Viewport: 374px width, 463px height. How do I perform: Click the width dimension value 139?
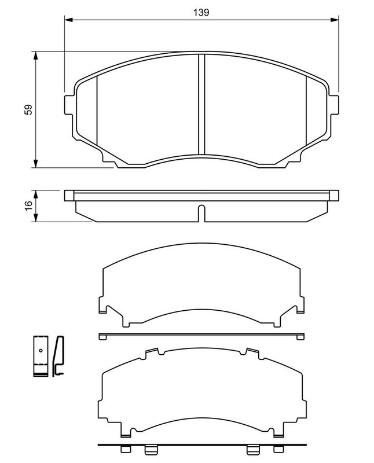pyautogui.click(x=201, y=12)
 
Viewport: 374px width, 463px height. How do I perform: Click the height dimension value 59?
pyautogui.click(x=28, y=110)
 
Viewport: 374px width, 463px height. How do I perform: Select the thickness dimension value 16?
pyautogui.click(x=28, y=205)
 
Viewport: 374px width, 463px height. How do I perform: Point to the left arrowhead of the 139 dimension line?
pyautogui.click(x=68, y=21)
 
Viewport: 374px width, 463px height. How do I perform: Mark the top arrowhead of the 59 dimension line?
pyautogui.click(x=36, y=56)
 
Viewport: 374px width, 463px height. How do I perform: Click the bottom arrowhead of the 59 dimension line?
pyautogui.click(x=36, y=164)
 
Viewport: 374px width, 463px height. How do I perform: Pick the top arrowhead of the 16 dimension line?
pyautogui.click(x=36, y=193)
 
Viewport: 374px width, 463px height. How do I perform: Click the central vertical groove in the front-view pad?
pyautogui.click(x=201, y=104)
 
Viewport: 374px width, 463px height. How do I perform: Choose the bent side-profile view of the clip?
pyautogui.click(x=58, y=357)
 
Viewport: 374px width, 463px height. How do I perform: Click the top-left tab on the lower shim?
pyautogui.click(x=153, y=351)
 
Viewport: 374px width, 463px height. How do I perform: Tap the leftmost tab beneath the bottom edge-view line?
pyautogui.click(x=124, y=450)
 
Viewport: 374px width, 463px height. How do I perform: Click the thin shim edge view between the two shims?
pyautogui.click(x=201, y=335)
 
